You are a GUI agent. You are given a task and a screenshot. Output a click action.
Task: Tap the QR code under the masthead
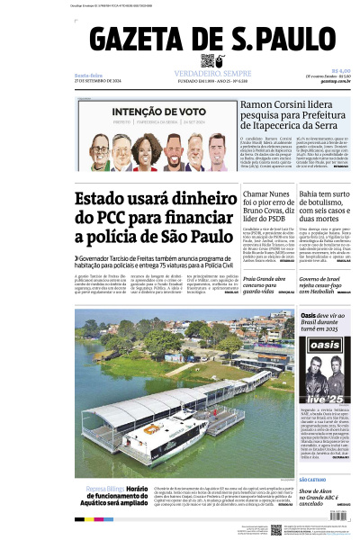pos(209,61)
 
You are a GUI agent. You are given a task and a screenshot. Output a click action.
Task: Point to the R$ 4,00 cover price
pos(340,71)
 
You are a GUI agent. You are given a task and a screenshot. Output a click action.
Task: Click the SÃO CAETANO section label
pos(314,481)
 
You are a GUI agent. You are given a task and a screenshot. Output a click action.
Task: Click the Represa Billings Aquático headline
pos(117,495)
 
